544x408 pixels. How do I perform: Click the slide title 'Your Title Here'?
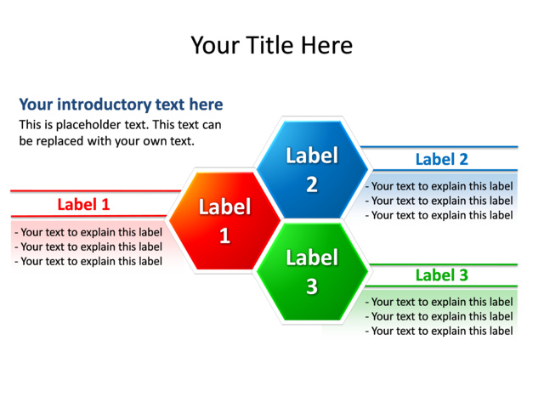coord(271,44)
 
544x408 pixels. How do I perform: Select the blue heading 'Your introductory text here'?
coord(121,105)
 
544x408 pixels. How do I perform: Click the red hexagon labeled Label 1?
coord(224,221)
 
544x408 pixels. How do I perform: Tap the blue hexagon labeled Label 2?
coord(312,168)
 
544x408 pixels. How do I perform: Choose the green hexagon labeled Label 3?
coord(312,272)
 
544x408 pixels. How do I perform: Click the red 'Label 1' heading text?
coord(83,204)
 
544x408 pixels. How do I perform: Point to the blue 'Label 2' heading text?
coord(441,159)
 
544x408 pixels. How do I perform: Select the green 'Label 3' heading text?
coord(441,275)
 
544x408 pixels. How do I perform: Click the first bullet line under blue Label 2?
coord(439,186)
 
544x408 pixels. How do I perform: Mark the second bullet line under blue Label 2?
coord(439,201)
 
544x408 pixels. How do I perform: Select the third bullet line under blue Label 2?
coord(439,215)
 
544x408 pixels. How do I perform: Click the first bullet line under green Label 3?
coord(439,302)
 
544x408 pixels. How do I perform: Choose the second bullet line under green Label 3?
coord(439,316)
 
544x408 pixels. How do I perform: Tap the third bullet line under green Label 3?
coord(439,331)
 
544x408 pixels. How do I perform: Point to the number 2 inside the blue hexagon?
coord(312,184)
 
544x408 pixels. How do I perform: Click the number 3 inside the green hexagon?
coord(312,287)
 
